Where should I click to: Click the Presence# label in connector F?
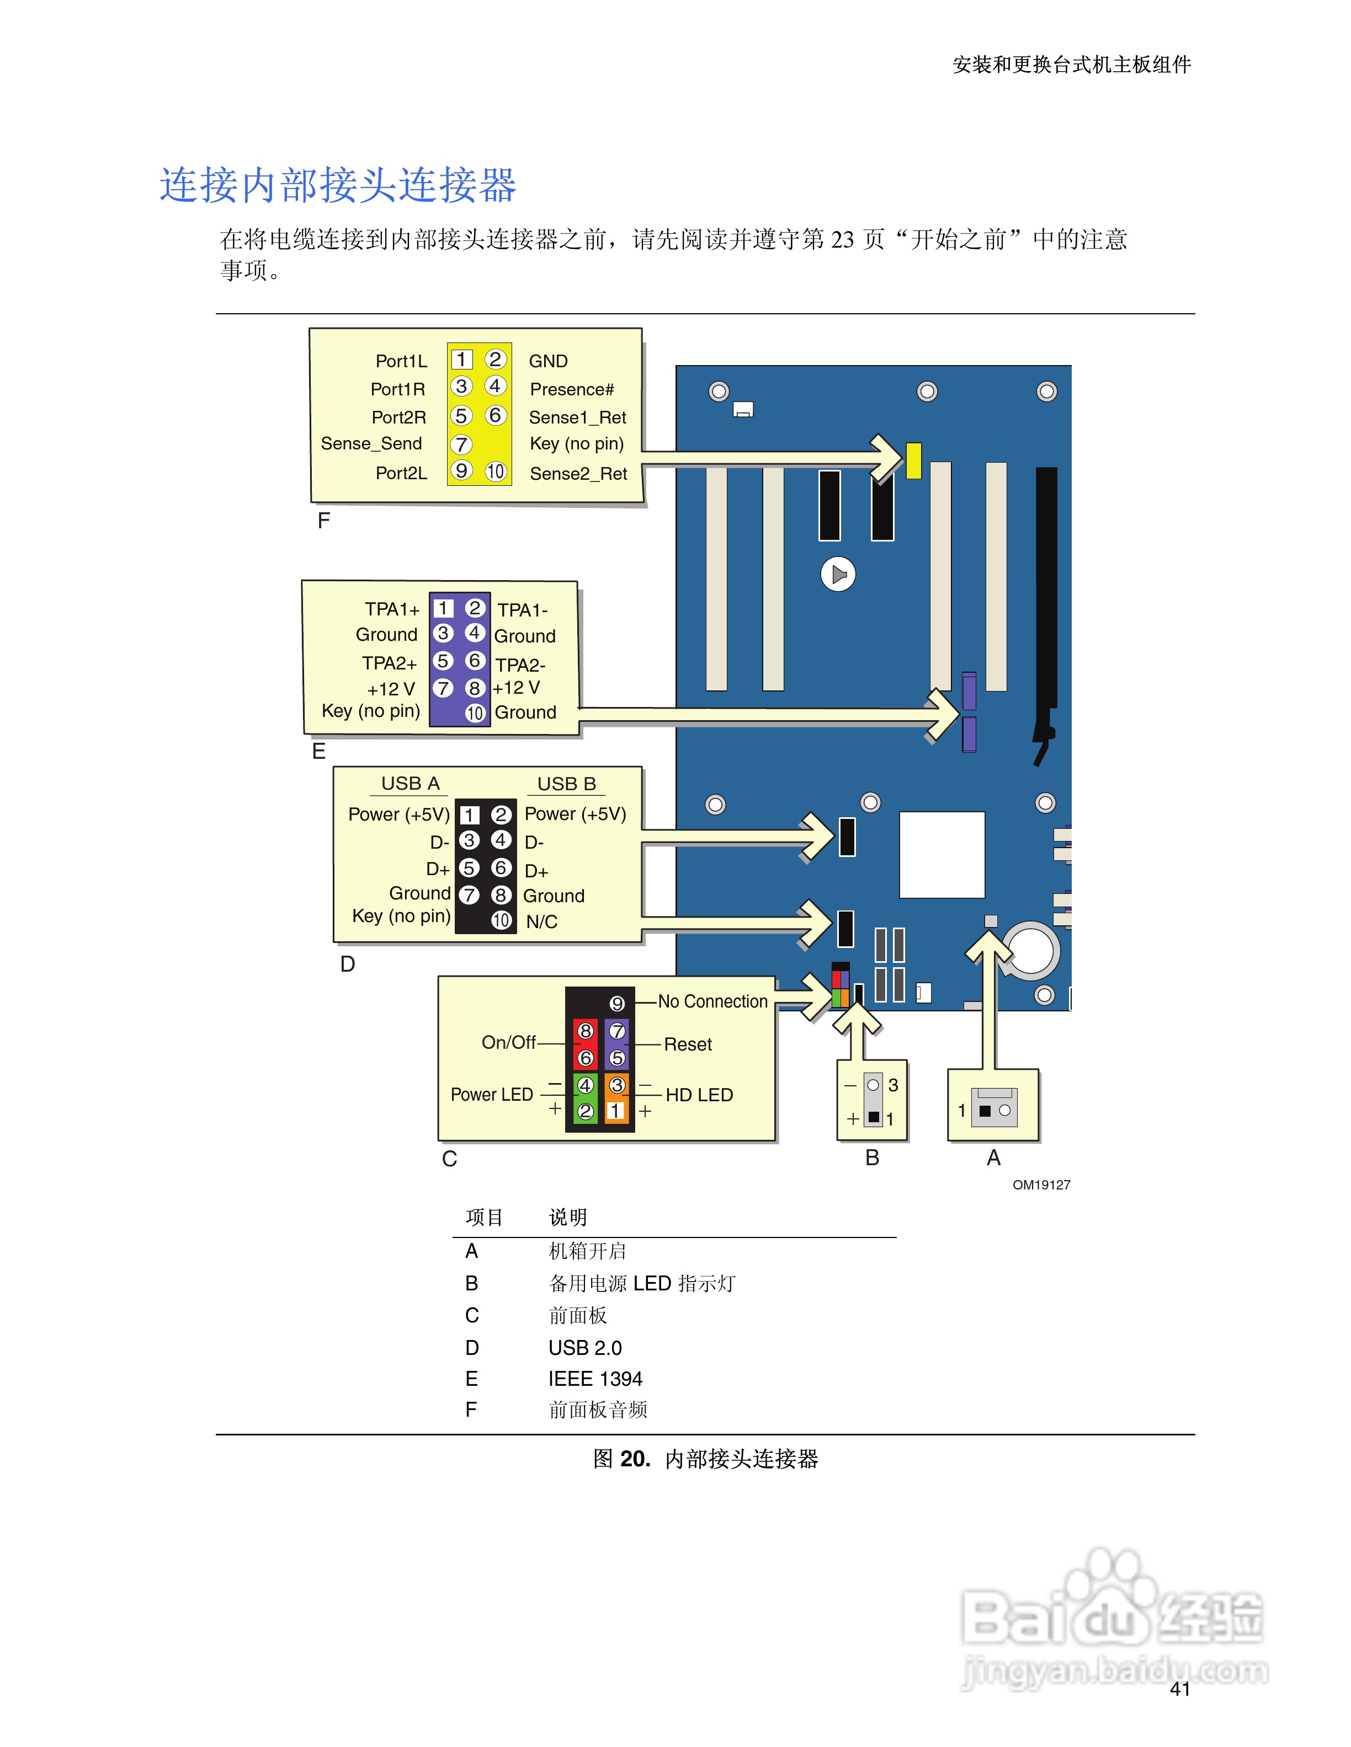click(571, 389)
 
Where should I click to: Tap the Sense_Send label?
click(371, 444)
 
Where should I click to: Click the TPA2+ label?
click(389, 663)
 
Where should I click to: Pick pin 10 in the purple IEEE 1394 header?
click(475, 712)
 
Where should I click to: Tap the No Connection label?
click(712, 1001)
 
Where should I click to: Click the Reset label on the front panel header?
click(688, 1044)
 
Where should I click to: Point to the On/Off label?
click(508, 1042)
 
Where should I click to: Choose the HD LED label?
click(699, 1095)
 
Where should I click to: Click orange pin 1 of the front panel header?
click(615, 1111)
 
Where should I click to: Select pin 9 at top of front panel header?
click(616, 1004)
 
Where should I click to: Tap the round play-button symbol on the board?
click(838, 574)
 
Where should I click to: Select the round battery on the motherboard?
click(1031, 951)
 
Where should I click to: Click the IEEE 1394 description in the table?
click(595, 1379)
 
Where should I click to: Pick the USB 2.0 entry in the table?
click(585, 1348)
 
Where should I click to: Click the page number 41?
click(1180, 1689)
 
